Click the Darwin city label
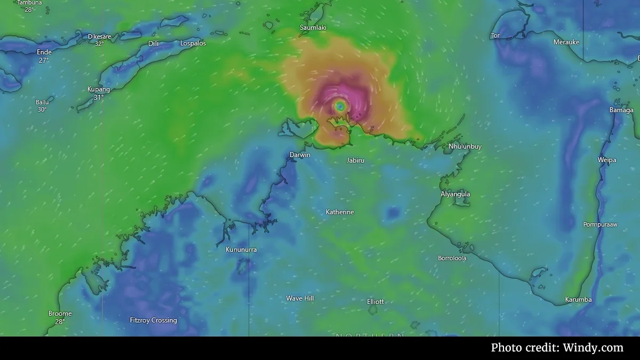pos(300,155)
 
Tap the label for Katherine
pos(340,212)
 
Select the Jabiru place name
pos(356,160)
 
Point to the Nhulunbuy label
pos(465,146)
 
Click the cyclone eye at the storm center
pos(340,106)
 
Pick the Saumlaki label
pos(313,27)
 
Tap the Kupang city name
pos(99,89)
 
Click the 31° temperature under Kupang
pos(99,98)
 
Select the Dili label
pos(154,43)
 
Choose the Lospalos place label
pos(193,43)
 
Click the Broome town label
pos(60,314)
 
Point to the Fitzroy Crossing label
pos(154,321)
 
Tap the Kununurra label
pos(241,250)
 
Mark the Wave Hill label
pos(300,298)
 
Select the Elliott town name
pos(375,301)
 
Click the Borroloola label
pos(452,258)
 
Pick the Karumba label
pos(579,300)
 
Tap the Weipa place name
pos(607,160)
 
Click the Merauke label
pos(566,42)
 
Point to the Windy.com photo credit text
pos(557,348)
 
